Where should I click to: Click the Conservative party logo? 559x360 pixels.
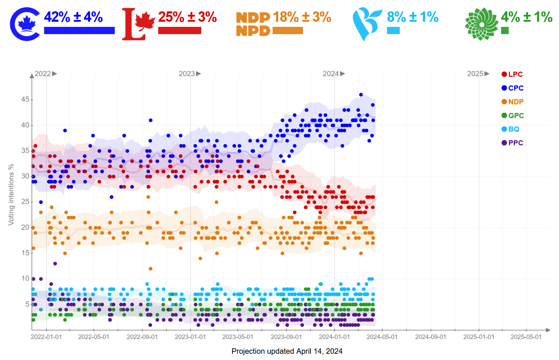point(25,24)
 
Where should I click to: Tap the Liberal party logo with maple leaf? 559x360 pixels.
point(138,24)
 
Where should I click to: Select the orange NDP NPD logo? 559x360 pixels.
point(253,24)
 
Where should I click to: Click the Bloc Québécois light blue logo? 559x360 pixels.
point(366,24)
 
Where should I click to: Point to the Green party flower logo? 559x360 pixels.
point(481,24)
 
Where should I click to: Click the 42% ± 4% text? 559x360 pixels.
point(73,17)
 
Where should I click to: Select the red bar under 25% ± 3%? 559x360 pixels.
point(180,31)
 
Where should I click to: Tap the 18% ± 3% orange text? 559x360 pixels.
point(302,17)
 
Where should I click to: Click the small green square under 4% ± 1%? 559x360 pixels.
point(505,31)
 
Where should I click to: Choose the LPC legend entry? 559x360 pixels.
point(512,74)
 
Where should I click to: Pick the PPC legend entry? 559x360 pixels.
point(512,143)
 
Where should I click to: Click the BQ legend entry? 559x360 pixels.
point(510,129)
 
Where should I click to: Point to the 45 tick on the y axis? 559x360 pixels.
point(25,100)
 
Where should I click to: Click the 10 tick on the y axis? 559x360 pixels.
point(25,278)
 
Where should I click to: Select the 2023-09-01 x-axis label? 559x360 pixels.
point(286,337)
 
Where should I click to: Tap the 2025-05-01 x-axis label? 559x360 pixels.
point(526,337)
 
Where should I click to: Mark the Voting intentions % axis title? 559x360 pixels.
point(11,195)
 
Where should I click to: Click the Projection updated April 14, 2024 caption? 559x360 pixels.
point(287,351)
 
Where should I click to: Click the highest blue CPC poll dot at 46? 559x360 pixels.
point(361,95)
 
